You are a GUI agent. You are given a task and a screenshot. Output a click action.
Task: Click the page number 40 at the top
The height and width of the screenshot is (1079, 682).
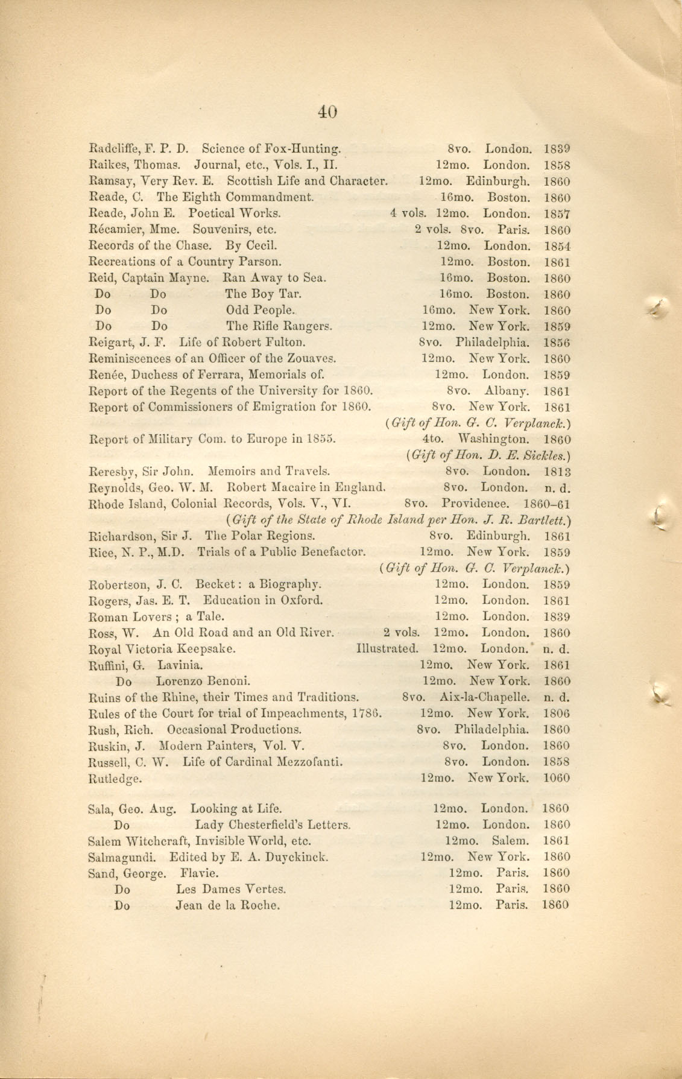pos(326,112)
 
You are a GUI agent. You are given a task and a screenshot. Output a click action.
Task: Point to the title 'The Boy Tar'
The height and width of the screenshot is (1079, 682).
pos(263,294)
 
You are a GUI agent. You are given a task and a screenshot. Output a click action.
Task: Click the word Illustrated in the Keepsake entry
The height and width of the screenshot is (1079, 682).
pos(387,650)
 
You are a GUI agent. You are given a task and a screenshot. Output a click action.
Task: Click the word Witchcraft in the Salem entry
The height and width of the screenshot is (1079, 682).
pos(155,841)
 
